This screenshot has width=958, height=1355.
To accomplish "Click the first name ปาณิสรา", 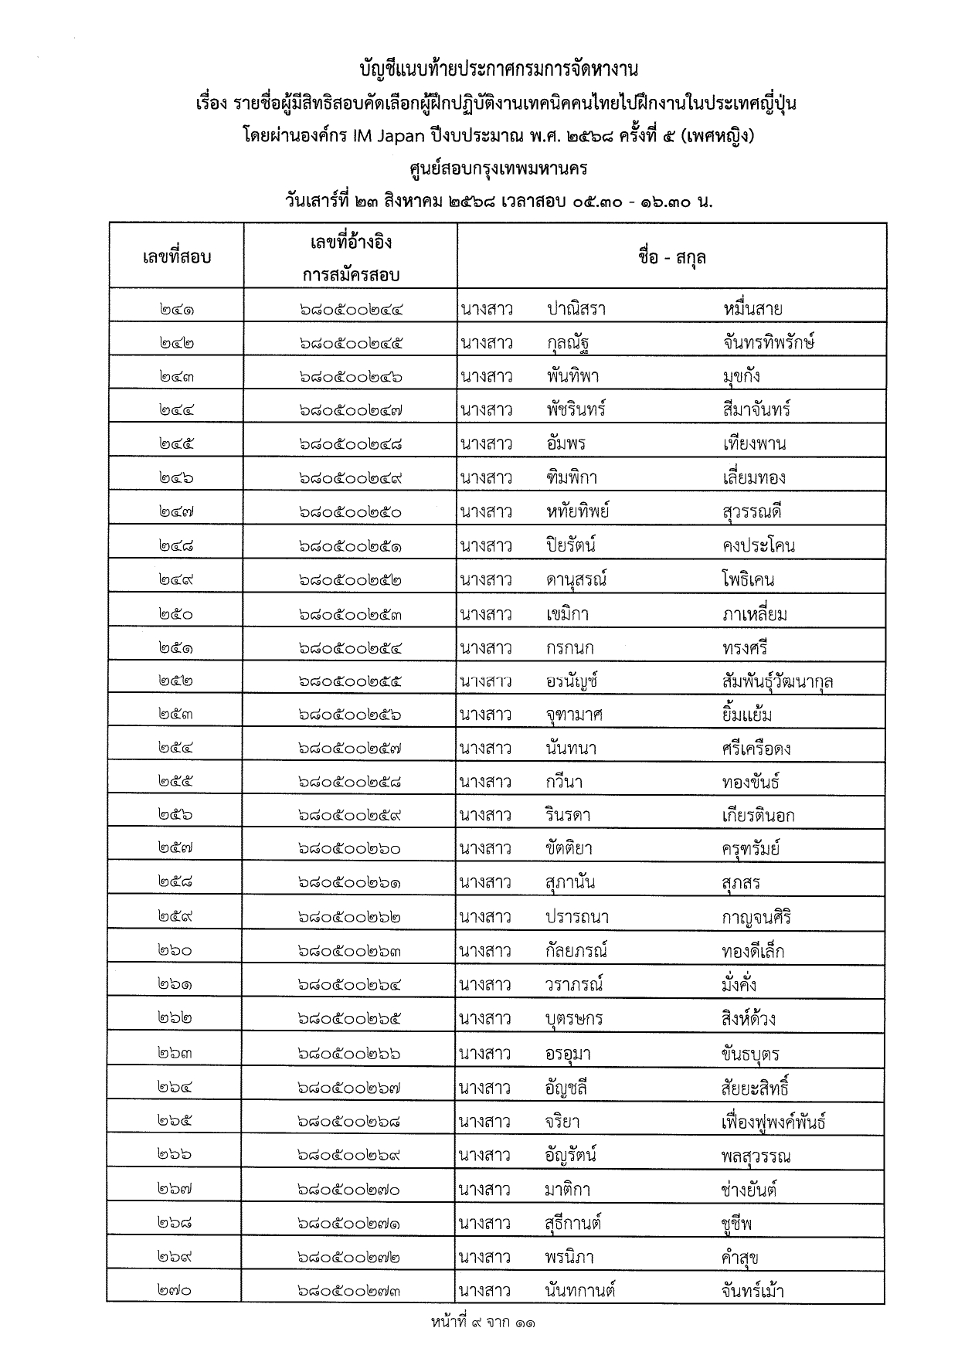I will click(x=576, y=310).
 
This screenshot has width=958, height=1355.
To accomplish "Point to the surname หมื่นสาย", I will click(x=752, y=310).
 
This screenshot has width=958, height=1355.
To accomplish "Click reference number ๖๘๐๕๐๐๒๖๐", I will click(x=349, y=849).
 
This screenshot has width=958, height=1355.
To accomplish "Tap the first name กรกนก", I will click(x=569, y=648).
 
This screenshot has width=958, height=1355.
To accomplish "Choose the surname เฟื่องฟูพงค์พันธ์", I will click(x=773, y=1122).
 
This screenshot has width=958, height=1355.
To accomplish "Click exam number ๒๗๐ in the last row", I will click(x=175, y=1291).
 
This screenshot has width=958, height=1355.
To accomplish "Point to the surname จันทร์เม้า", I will click(x=752, y=1291).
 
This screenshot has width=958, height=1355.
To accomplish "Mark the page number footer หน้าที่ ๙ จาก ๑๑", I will click(x=483, y=1323).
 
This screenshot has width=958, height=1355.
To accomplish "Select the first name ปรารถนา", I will click(x=576, y=917).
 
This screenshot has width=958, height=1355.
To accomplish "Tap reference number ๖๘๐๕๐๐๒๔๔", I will click(x=351, y=310).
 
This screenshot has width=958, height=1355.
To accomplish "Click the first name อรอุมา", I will click(x=568, y=1054).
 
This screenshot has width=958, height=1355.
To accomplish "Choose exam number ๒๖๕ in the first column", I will click(x=175, y=1121).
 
